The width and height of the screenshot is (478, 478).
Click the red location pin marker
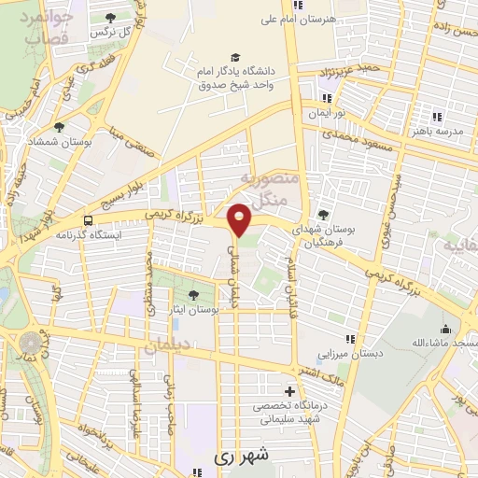point(240,218)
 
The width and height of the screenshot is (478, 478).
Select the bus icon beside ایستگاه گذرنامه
point(88,221)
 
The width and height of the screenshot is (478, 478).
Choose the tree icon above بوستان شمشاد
point(60,127)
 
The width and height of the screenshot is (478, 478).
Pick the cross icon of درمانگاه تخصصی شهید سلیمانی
point(289,390)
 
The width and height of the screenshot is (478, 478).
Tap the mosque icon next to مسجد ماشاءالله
point(445,330)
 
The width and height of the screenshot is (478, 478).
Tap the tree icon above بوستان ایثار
point(192,294)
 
